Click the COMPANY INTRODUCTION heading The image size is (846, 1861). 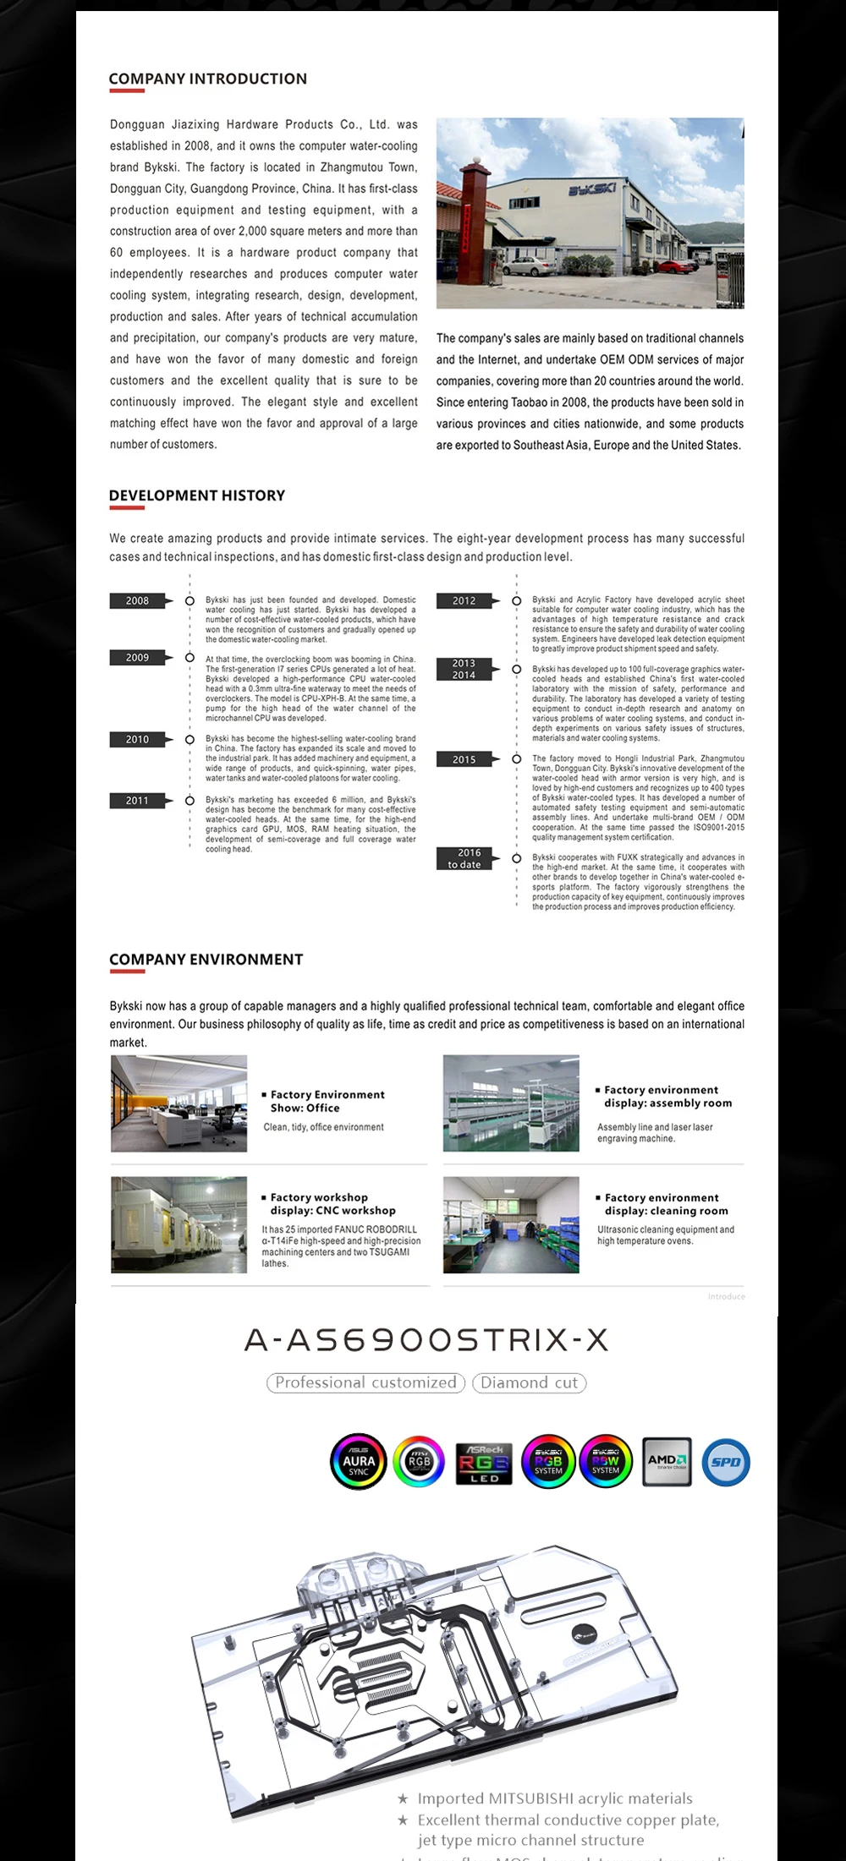[x=207, y=79]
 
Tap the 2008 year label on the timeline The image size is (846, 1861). [x=137, y=601]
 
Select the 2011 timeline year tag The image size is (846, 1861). [x=137, y=801]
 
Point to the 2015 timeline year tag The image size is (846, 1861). [x=464, y=760]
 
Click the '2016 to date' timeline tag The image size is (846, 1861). [x=464, y=859]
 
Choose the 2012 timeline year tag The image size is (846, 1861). [x=464, y=601]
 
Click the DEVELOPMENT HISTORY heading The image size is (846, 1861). [x=197, y=495]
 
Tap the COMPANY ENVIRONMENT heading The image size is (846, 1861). [x=206, y=960]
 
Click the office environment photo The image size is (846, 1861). [x=179, y=1103]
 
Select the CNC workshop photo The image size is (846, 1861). [x=179, y=1224]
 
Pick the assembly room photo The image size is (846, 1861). [x=511, y=1103]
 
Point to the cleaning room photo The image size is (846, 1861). [x=511, y=1224]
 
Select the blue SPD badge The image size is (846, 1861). [x=726, y=1462]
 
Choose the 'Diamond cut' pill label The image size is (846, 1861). [x=529, y=1383]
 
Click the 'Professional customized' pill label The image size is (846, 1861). [x=365, y=1383]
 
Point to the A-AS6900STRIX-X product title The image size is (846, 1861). [x=426, y=1340]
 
